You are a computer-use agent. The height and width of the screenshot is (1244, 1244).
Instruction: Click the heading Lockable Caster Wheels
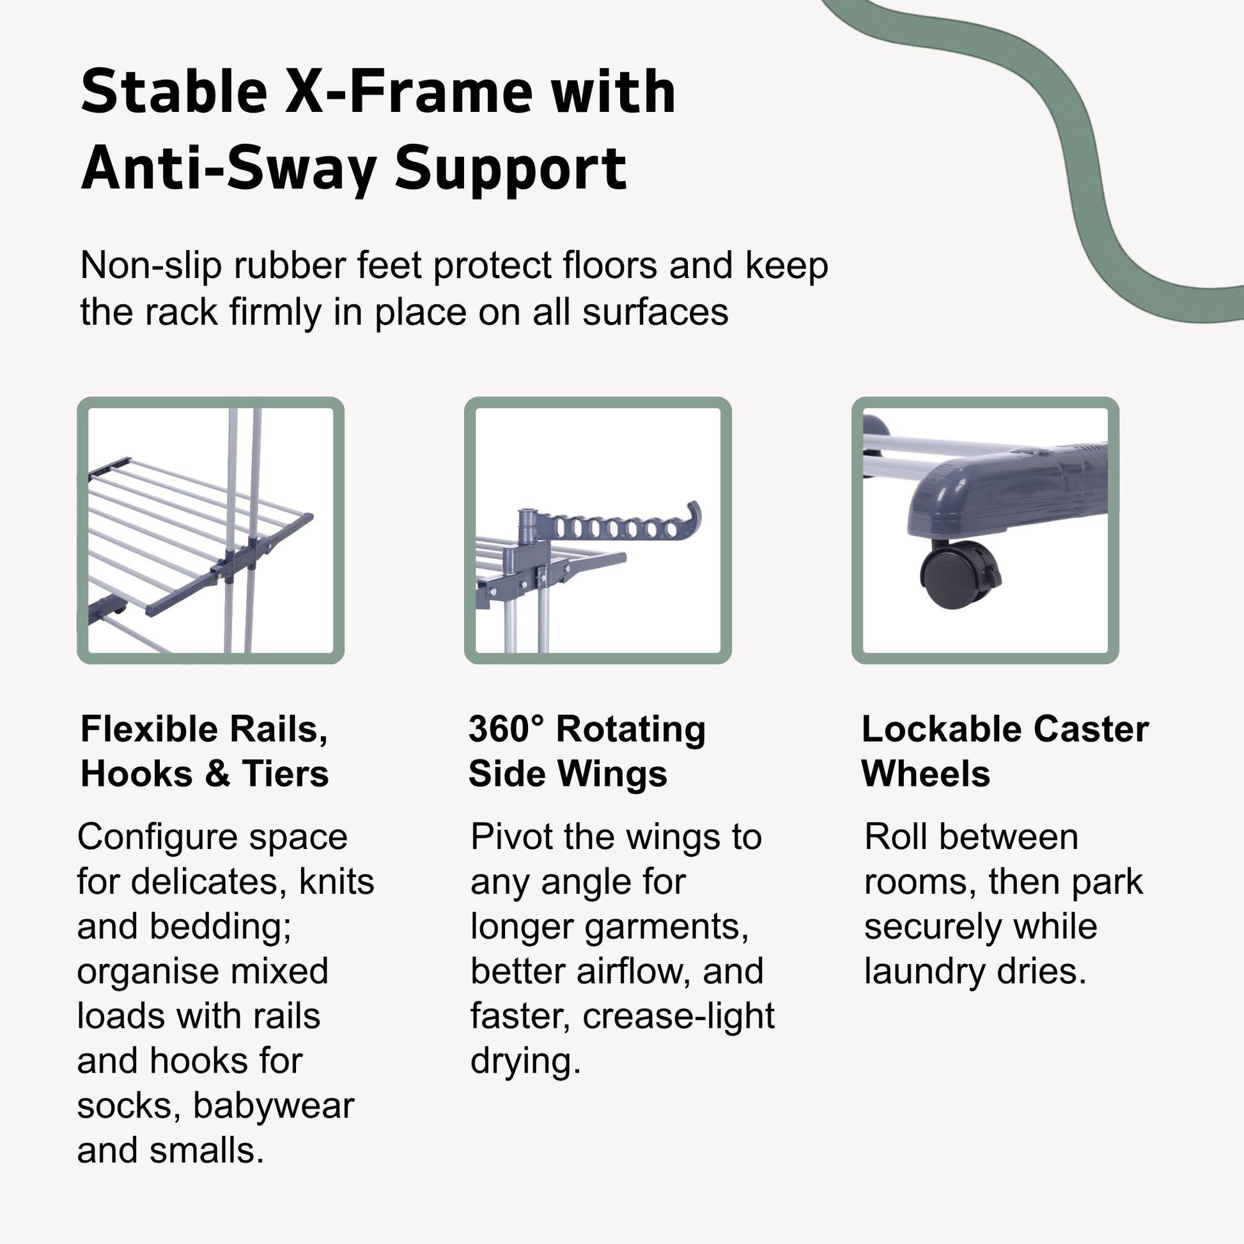[x=1005, y=751]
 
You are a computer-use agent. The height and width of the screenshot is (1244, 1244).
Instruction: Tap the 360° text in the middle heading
[x=506, y=729]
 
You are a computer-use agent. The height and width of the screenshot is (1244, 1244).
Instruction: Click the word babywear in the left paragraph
[x=274, y=1106]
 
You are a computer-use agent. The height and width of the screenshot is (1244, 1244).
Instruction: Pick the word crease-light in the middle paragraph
[x=679, y=1016]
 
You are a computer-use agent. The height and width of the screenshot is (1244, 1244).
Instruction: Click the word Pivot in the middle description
[x=511, y=837]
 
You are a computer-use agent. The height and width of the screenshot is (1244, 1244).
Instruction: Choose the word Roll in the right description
[x=896, y=837]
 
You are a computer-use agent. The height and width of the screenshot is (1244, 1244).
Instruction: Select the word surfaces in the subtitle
[x=655, y=313]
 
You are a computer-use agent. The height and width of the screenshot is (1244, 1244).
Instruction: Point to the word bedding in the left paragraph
[x=221, y=927]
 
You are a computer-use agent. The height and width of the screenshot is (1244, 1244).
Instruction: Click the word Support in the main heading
[x=511, y=169]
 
